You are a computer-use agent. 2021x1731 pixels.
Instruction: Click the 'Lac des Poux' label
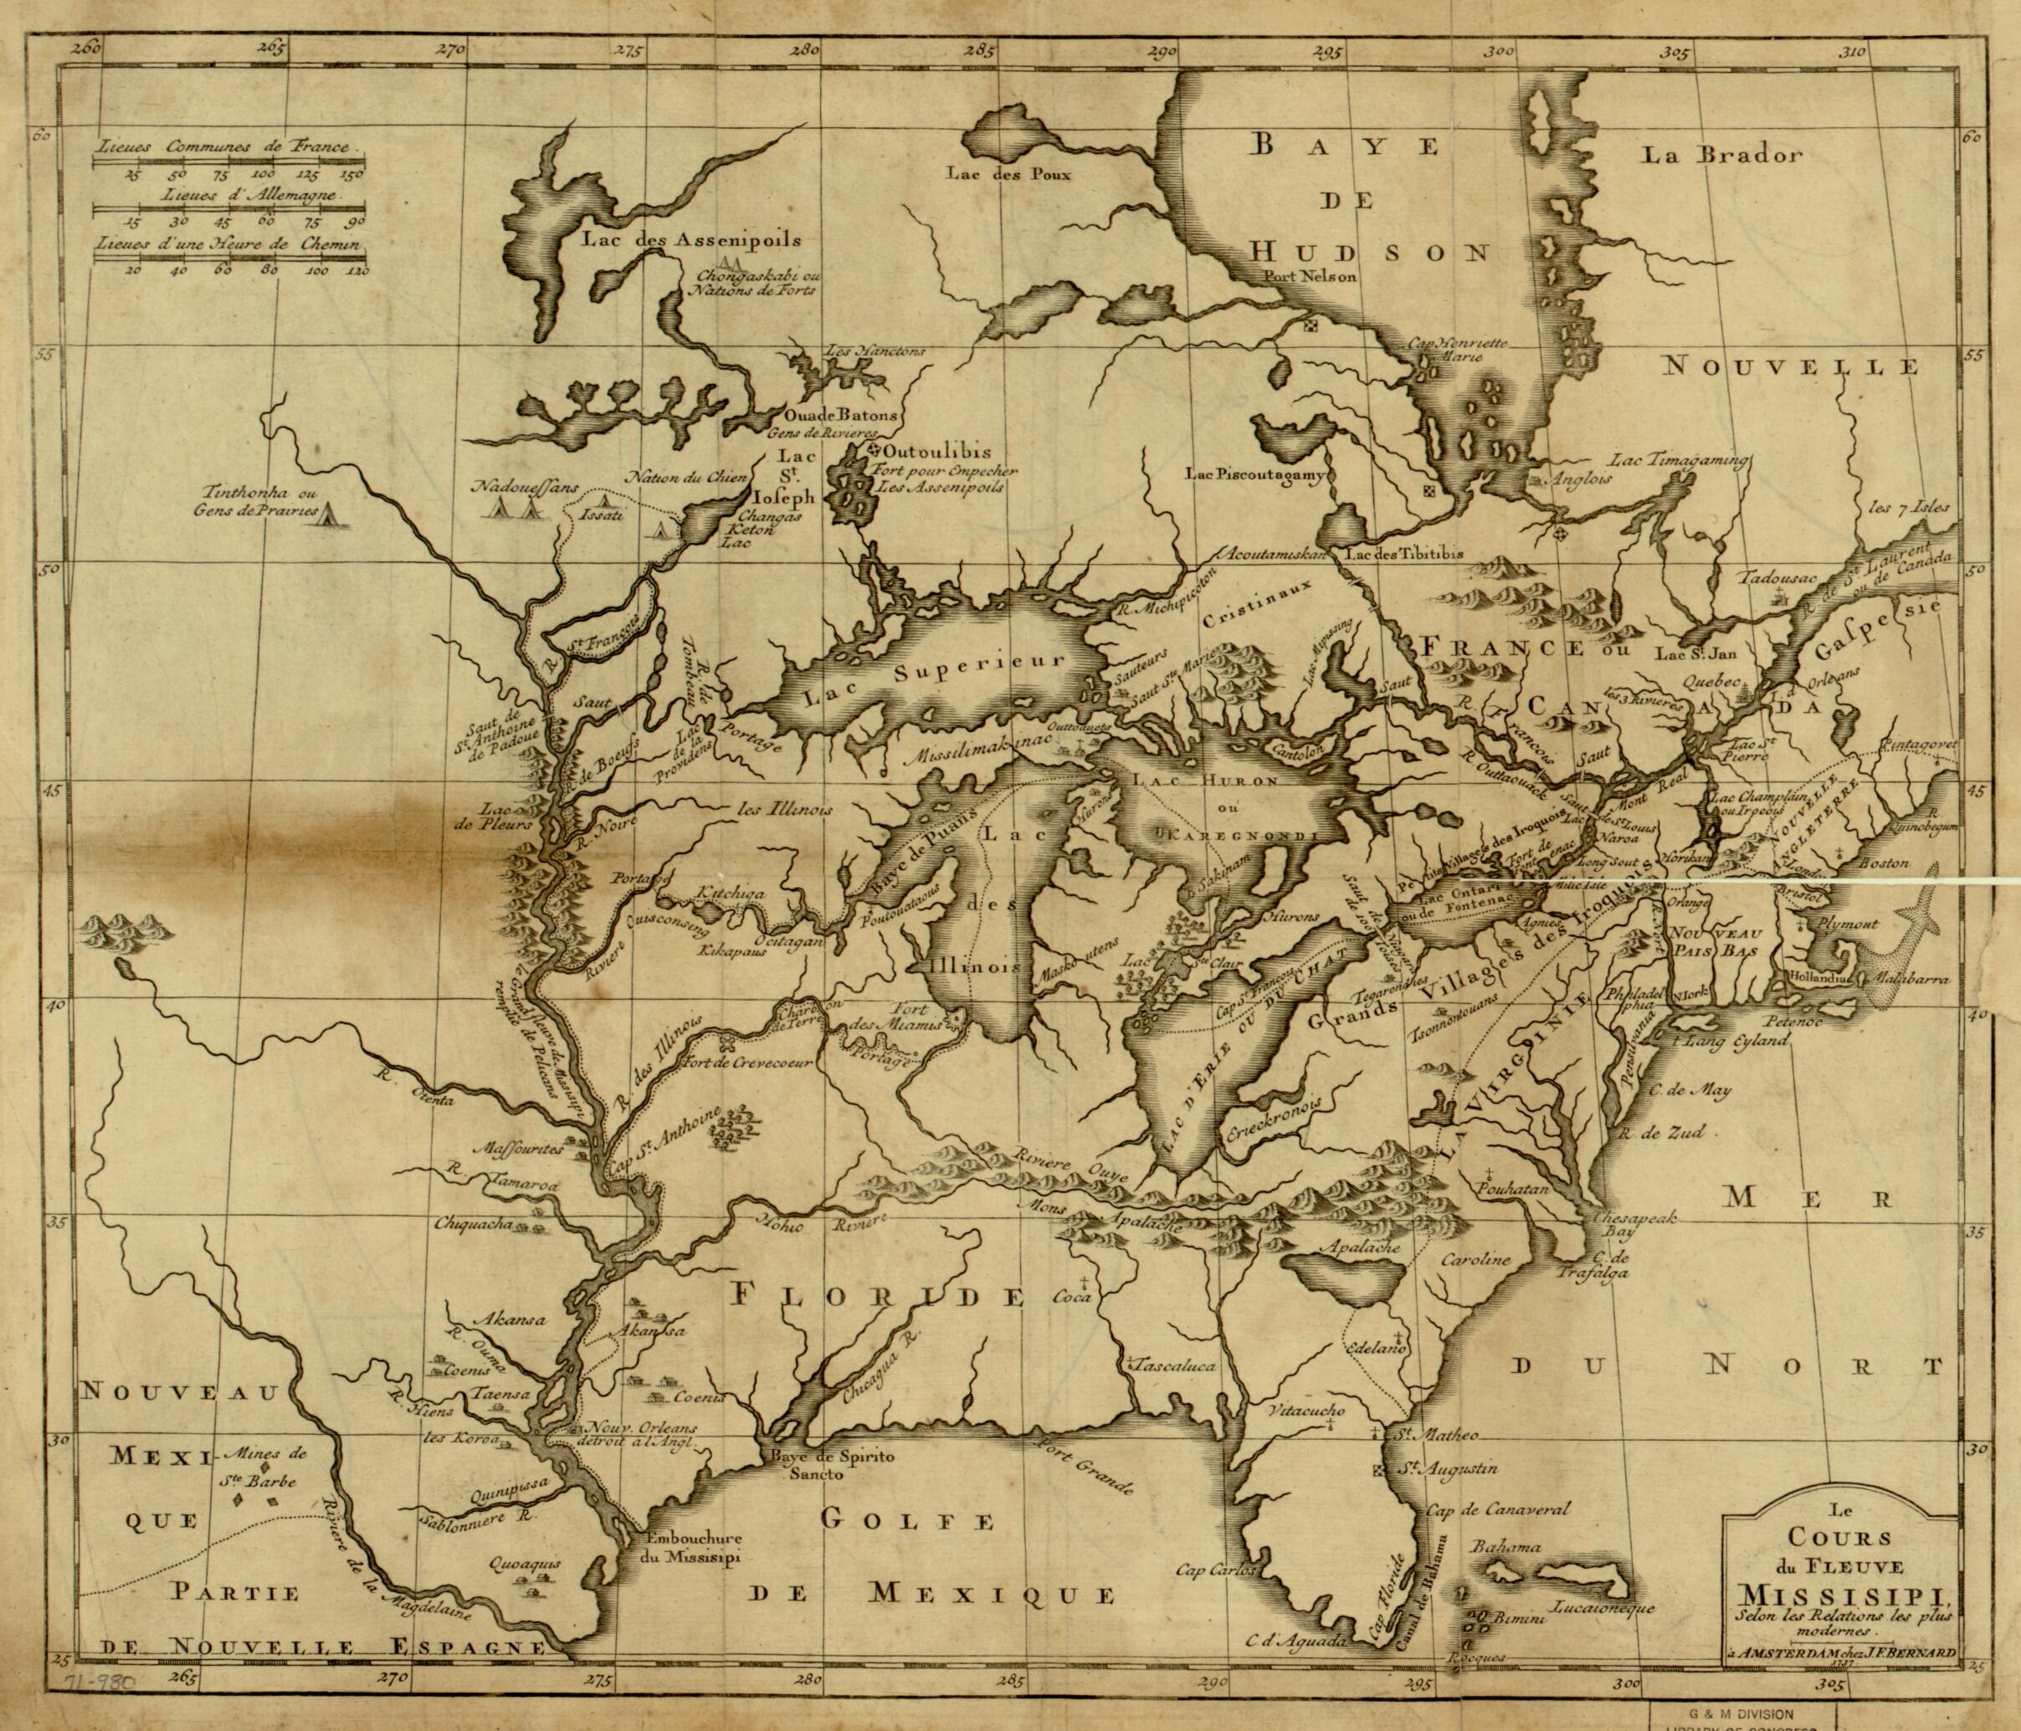pos(1009,176)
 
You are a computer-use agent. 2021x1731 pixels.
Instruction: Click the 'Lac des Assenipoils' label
pos(690,239)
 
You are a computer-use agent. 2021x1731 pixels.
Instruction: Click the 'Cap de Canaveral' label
pos(1497,1511)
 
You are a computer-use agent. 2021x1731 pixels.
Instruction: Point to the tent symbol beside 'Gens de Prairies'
pos(331,513)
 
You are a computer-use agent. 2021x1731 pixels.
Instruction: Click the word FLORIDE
pos(877,1297)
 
